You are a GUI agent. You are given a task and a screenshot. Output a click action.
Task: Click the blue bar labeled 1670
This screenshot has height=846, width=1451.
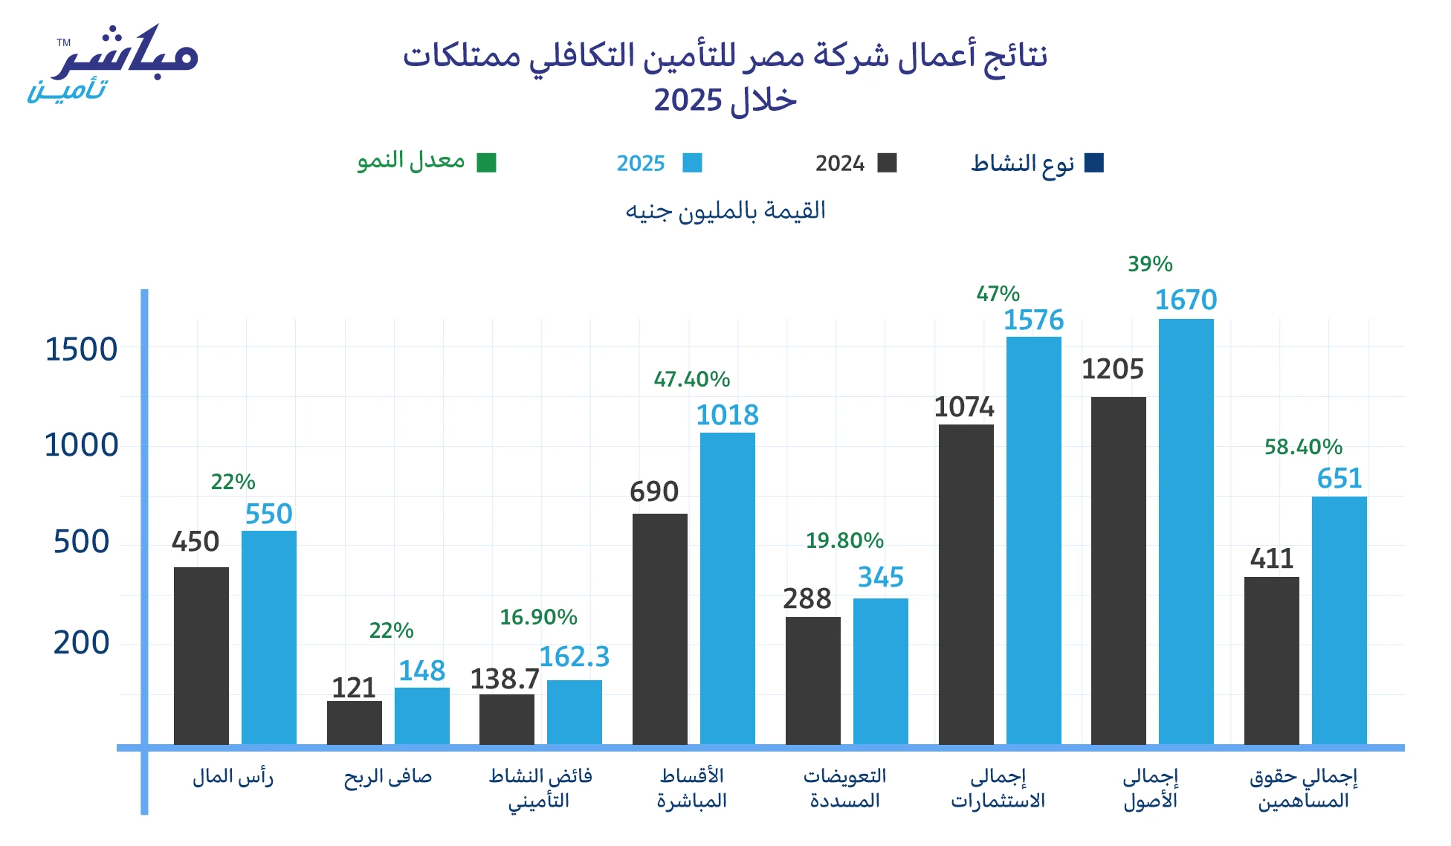(x=1186, y=532)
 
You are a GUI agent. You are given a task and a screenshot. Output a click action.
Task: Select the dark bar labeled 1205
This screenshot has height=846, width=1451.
(x=1118, y=570)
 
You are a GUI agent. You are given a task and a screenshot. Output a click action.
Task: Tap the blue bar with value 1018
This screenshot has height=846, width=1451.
(x=727, y=588)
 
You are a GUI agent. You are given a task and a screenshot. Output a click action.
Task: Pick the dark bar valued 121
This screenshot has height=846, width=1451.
(x=354, y=722)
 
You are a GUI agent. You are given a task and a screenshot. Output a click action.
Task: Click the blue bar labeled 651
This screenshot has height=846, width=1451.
(x=1339, y=620)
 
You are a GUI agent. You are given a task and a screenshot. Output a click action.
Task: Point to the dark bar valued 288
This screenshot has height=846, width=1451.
(x=812, y=680)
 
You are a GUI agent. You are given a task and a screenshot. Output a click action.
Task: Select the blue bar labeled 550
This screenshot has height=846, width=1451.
(x=268, y=637)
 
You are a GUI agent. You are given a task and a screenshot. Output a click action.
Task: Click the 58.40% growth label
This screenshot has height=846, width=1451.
(x=1303, y=447)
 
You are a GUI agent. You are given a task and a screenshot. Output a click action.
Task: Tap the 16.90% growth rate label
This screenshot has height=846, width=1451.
(x=538, y=617)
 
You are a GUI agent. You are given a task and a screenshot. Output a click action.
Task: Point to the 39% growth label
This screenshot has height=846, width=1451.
(x=1150, y=264)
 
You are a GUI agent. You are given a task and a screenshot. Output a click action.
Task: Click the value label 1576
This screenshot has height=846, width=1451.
(x=1033, y=320)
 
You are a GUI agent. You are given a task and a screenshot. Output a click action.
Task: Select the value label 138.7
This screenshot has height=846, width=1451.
(x=505, y=679)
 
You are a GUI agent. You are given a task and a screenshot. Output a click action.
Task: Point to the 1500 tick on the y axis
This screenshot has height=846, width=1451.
(x=81, y=349)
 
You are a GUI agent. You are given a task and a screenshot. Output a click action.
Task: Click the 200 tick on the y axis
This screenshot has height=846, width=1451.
(x=81, y=642)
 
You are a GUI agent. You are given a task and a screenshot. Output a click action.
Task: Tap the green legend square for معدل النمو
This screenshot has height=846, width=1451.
(x=486, y=163)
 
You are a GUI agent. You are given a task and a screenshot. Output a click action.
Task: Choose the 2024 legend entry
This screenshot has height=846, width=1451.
(x=856, y=163)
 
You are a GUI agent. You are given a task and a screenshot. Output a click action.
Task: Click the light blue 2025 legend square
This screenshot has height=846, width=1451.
(x=692, y=163)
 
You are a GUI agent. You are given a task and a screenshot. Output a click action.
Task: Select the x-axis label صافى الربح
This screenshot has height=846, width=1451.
(x=387, y=777)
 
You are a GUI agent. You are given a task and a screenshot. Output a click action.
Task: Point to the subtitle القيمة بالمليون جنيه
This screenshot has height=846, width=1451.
(x=725, y=211)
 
